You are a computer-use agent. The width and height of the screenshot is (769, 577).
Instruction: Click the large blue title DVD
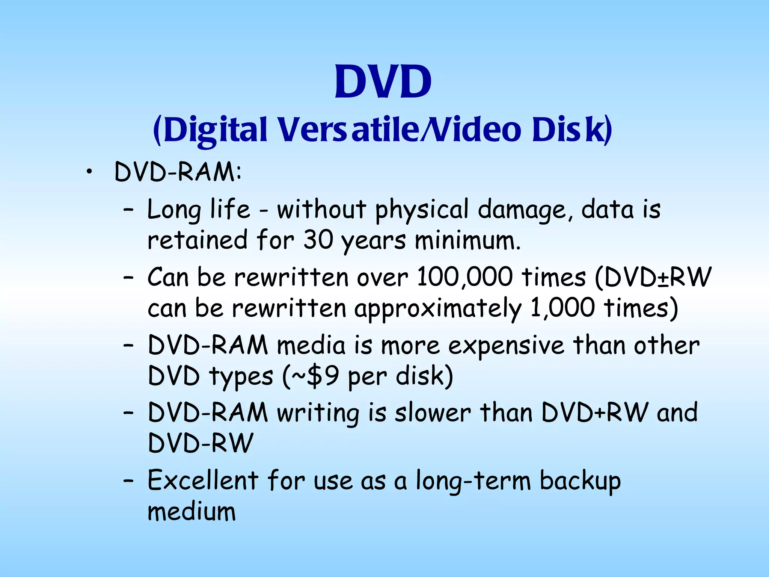click(383, 82)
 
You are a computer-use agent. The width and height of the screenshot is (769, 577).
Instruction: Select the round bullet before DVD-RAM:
click(89, 172)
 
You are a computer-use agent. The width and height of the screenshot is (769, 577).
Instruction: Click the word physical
click(422, 210)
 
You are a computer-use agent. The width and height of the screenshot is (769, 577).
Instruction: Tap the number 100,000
click(464, 278)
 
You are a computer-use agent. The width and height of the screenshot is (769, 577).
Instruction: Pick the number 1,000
click(562, 308)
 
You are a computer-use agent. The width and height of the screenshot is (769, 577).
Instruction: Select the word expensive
click(506, 346)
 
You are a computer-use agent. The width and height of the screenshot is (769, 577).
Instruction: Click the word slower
click(433, 413)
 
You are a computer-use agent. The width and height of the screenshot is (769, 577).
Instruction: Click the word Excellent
click(203, 480)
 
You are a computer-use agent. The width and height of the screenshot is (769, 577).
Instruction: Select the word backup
click(580, 481)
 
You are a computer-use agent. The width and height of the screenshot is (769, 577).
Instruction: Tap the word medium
click(191, 512)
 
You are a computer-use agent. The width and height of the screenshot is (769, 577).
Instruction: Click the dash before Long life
click(128, 210)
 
